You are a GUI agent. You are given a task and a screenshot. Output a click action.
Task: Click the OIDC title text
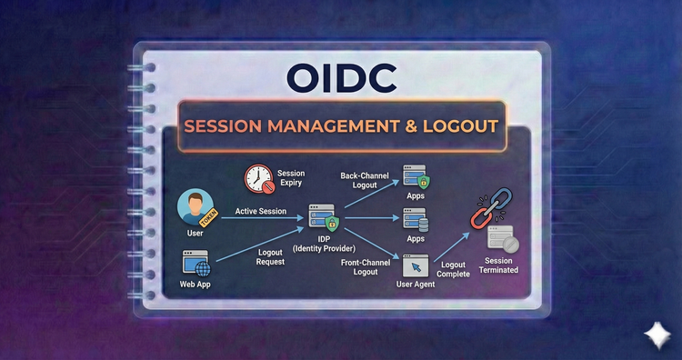(341, 77)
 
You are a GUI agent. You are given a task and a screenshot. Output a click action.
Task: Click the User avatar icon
(194, 206)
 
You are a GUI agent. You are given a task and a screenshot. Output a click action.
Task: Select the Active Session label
(261, 212)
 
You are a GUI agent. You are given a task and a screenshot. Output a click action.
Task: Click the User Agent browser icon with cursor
(415, 265)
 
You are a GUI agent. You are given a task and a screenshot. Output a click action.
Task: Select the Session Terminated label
(501, 265)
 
